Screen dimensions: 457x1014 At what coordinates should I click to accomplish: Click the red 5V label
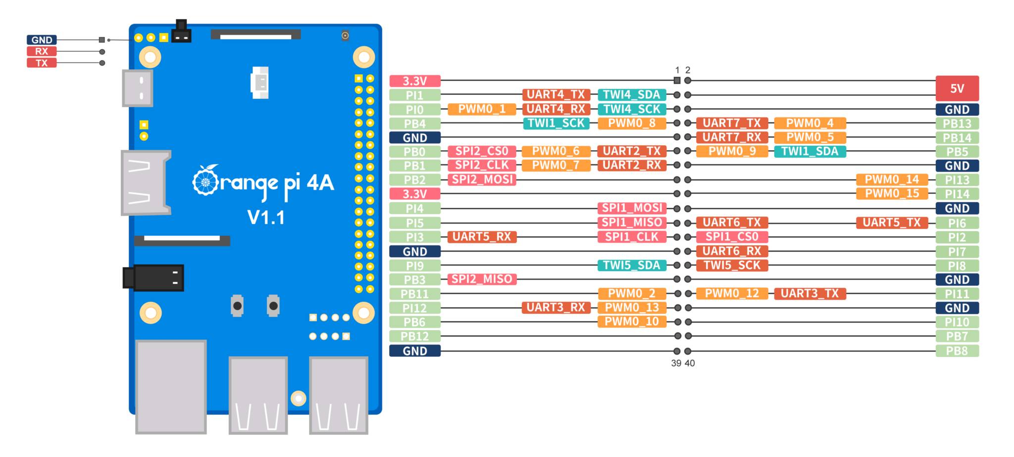coord(957,88)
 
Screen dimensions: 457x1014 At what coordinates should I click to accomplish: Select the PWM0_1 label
coord(482,109)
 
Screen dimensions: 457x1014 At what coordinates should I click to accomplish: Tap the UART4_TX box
coord(556,95)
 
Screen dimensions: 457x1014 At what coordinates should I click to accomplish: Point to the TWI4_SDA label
coord(632,95)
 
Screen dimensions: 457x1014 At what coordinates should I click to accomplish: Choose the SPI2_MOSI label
coord(482,179)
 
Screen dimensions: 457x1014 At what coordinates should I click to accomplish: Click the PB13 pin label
coord(957,123)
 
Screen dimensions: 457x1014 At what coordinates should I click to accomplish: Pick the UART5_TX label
coord(892,223)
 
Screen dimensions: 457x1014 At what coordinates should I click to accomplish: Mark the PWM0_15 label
coord(892,193)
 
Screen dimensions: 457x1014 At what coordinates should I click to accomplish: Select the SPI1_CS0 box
coord(732,237)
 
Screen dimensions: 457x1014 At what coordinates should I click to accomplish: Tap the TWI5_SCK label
coord(732,265)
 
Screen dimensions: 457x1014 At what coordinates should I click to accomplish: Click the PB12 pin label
coord(414,337)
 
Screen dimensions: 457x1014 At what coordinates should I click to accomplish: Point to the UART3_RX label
coord(556,307)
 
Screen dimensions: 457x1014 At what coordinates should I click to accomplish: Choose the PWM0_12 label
coord(732,293)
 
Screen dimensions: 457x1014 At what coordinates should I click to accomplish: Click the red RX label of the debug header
coord(42,52)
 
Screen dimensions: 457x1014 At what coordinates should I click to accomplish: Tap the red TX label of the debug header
coord(42,63)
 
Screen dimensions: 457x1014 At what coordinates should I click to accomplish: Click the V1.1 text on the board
coord(266,218)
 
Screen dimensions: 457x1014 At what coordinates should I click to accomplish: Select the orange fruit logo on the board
coord(205,181)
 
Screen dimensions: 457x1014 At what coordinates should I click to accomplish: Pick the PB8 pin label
coord(957,351)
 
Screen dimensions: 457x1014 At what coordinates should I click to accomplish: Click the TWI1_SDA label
coord(810,151)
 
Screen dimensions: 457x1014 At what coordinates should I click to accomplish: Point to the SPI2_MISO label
coord(482,279)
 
